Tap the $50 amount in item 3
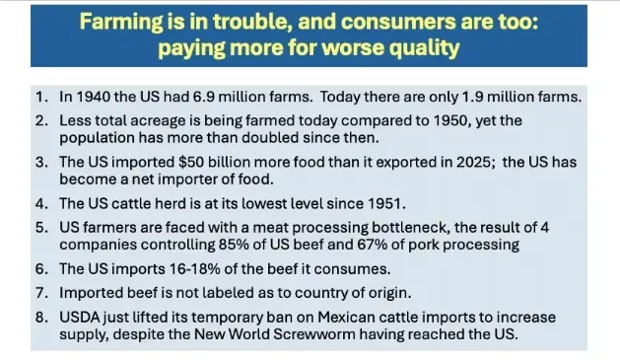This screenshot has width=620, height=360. tap(190, 162)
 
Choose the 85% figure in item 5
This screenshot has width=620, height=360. tap(234, 245)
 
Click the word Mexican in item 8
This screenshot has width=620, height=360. tap(346, 317)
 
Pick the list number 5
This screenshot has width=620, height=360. tap(41, 227)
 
